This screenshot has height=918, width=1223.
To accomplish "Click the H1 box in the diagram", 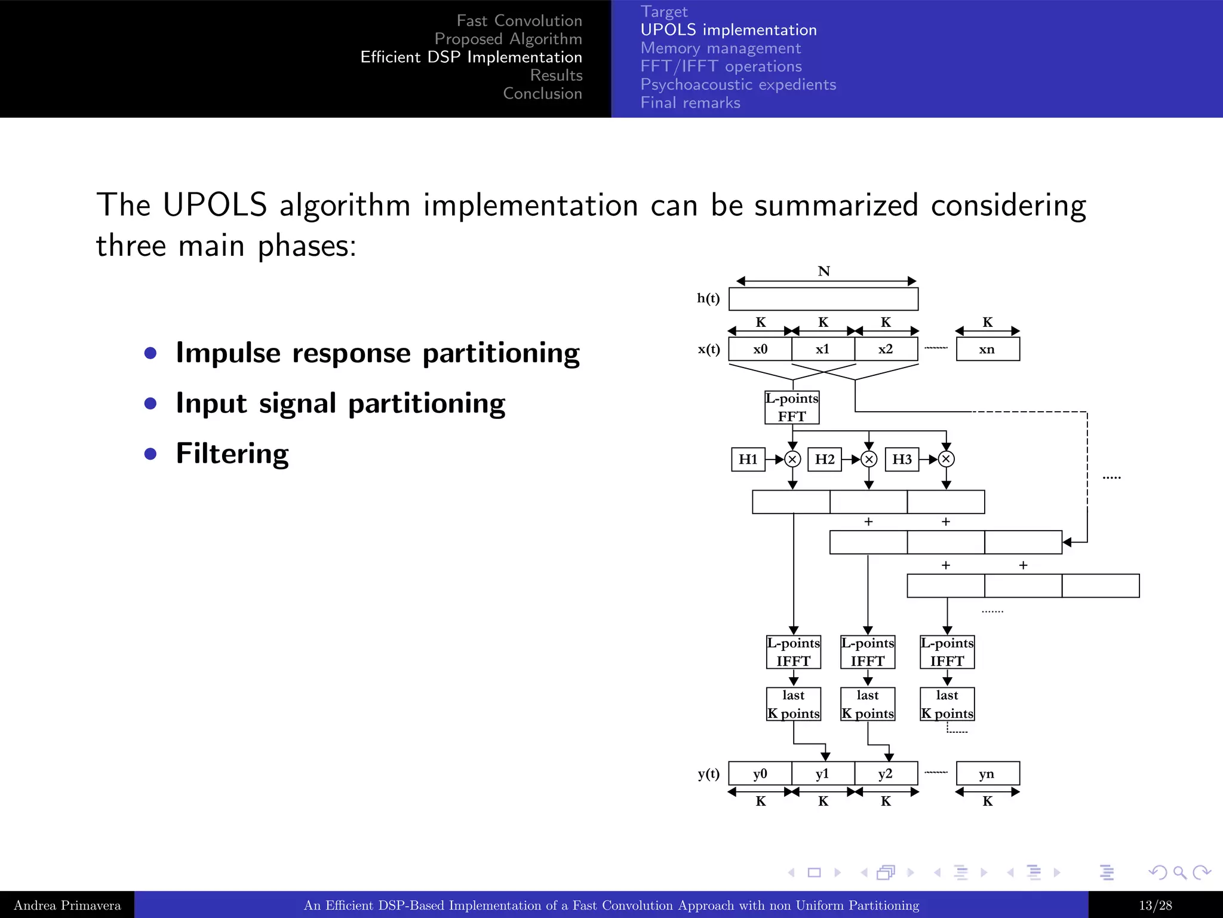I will tap(748, 459).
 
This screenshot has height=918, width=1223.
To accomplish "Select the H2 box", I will tap(825, 459).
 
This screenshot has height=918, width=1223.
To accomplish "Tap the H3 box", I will tap(902, 459).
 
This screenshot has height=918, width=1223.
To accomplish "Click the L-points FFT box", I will tap(792, 408).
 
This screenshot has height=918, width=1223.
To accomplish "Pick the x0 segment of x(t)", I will tap(760, 349).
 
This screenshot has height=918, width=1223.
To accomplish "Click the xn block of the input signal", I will tap(987, 349).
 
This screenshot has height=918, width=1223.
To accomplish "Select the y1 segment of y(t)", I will tap(823, 773).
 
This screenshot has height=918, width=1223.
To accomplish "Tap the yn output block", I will tap(987, 773).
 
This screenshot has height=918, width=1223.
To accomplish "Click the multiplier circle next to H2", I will tap(869, 459).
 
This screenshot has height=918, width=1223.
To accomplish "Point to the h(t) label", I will tap(708, 298).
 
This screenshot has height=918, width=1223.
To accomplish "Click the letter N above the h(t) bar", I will tap(824, 271).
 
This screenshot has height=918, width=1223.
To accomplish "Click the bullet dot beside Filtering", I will tap(150, 454).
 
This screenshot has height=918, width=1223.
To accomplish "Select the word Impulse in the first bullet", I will tap(228, 353).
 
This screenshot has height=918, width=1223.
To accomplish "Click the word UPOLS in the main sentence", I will tap(214, 205).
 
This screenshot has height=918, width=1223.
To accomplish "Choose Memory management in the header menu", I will tap(721, 48).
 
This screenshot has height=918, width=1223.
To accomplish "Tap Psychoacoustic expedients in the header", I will tap(738, 84).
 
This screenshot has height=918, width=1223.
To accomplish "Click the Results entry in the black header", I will tap(556, 75).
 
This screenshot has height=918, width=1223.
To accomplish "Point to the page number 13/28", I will tap(1155, 905).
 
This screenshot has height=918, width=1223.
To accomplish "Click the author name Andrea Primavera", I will tap(67, 905).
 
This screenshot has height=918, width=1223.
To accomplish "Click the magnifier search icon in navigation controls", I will tap(1179, 873).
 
